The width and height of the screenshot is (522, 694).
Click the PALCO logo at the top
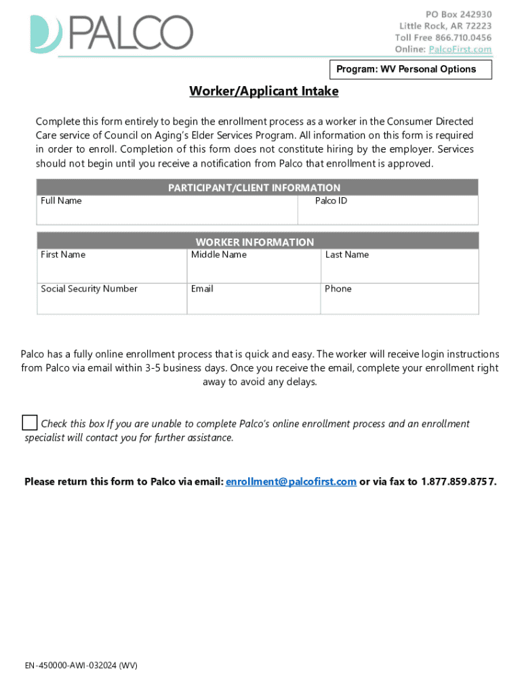tap(112, 34)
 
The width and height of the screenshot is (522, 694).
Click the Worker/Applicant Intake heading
tap(264, 91)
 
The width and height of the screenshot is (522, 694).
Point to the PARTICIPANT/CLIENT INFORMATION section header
tap(254, 188)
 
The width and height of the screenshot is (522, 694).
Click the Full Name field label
tap(61, 201)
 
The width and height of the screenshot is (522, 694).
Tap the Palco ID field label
tap(331, 201)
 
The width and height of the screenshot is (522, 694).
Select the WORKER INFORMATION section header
tap(255, 242)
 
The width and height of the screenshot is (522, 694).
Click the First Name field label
tap(63, 255)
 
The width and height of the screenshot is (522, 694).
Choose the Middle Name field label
tap(218, 255)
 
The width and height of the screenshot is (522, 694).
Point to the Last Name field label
tap(347, 255)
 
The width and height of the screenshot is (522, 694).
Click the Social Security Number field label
tap(89, 289)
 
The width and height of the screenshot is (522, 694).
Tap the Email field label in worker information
tap(202, 289)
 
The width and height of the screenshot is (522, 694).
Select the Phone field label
tap(338, 289)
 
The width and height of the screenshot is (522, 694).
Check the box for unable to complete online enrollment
tap(29, 423)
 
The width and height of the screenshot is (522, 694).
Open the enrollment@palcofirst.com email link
tap(291, 482)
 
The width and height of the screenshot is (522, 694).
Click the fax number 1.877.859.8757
tap(458, 482)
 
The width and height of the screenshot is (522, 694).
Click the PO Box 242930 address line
tap(458, 14)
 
